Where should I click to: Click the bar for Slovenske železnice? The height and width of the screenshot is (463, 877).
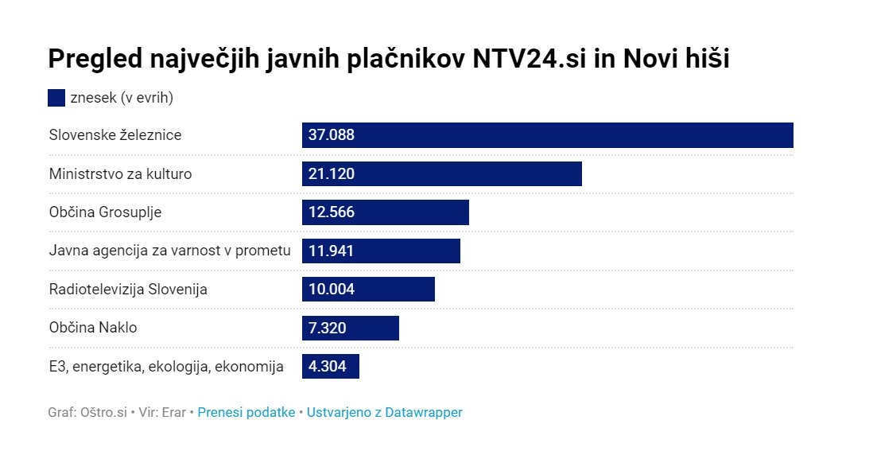547,135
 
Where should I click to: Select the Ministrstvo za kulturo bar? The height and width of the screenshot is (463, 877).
441,173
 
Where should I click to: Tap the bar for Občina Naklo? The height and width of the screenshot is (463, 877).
350,328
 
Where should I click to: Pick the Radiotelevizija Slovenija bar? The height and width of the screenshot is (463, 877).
368,289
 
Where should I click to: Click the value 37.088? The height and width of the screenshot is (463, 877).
332,135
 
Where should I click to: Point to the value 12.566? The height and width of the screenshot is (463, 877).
332,212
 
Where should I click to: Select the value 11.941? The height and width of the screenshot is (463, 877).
331,251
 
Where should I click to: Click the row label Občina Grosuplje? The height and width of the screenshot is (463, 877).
105,212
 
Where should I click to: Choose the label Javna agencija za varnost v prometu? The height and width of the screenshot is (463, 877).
169,251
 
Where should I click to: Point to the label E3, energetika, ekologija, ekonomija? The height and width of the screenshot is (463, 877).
166,366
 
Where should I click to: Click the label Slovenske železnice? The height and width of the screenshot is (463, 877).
115,135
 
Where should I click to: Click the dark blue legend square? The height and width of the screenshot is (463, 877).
56,98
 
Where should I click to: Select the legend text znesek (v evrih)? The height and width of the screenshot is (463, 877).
122,98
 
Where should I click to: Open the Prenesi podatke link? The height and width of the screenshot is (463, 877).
246,412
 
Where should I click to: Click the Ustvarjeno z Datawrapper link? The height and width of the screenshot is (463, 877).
385,412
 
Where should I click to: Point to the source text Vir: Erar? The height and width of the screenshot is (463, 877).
162,412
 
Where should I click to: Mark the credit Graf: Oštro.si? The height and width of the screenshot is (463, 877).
87,412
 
